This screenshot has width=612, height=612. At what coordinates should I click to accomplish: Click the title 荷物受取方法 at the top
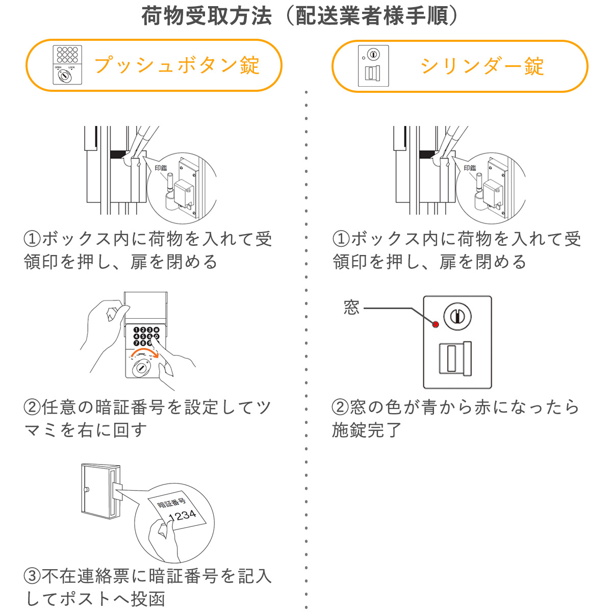coord(207,16)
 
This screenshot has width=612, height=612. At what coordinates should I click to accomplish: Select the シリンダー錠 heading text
coord(482,66)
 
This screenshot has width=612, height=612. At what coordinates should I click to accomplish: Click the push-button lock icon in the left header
coord(67,65)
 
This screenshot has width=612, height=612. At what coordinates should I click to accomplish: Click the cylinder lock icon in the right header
coord(373,66)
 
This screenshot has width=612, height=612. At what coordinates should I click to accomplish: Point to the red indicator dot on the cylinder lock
coord(436,324)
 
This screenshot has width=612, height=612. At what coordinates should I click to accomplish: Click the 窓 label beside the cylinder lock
coord(351,308)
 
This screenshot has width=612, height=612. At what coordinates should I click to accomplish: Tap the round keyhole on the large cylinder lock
coord(457,317)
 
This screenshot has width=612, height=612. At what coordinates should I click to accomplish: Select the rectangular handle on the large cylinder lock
coord(455,359)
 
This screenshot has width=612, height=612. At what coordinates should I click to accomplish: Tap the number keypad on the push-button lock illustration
coord(146,336)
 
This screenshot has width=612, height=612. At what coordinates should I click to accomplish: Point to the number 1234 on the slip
coord(182,515)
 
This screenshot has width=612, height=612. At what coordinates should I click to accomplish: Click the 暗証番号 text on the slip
coord(171,502)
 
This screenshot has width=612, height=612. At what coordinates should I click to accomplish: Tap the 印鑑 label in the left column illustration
coord(161,168)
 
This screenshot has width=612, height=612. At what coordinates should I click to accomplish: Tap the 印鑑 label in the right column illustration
coord(470,168)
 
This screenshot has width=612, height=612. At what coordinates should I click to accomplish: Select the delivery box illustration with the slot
coord(101,490)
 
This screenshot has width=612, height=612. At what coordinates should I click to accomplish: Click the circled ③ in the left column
coord(32,576)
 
